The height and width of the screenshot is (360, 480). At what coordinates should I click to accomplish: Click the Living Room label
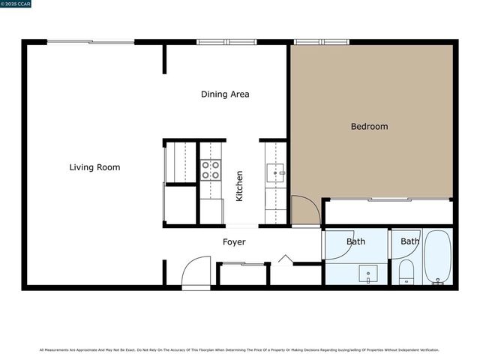(94, 167)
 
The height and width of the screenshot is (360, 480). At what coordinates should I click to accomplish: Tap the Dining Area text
(225, 94)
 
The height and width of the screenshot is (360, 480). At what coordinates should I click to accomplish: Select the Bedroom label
(369, 127)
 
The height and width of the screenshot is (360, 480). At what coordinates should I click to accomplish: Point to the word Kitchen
(240, 186)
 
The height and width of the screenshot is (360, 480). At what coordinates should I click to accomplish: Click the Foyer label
(234, 242)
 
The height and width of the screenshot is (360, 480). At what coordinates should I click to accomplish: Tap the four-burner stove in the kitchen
(211, 170)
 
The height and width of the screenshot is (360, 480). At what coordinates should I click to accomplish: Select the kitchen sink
(276, 173)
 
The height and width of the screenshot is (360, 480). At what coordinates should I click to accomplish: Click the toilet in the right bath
(406, 271)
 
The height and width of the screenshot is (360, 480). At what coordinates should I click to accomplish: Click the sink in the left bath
(367, 273)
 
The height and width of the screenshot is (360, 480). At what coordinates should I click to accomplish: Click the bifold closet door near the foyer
(284, 259)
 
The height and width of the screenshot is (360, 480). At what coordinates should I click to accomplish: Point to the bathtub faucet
(437, 281)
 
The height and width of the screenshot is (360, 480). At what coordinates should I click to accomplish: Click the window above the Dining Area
(226, 42)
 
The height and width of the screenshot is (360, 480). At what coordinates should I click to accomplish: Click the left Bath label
(355, 241)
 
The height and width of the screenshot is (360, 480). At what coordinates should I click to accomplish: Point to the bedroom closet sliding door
(388, 199)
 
